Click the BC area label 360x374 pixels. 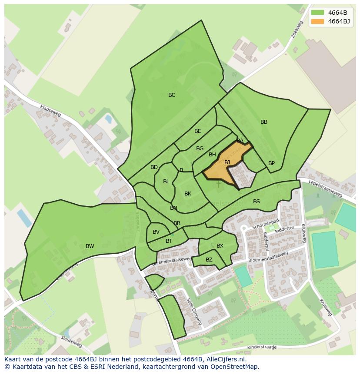coord(172,95)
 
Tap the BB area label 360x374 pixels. coord(264,122)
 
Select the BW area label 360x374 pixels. coord(90,246)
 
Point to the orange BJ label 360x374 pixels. coord(227,162)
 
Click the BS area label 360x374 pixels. coord(257,202)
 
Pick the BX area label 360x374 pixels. coord(220,246)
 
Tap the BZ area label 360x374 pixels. coord(209,260)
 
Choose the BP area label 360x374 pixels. coord(271,163)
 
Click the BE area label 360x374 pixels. coord(198,131)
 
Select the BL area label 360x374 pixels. coord(166,182)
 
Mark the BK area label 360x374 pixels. coord(188,194)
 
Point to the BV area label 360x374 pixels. coord(156,232)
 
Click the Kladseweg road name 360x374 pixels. coord(50,111)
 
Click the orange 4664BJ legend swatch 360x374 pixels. coord(317,21)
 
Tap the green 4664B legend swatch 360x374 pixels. coord(317,12)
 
